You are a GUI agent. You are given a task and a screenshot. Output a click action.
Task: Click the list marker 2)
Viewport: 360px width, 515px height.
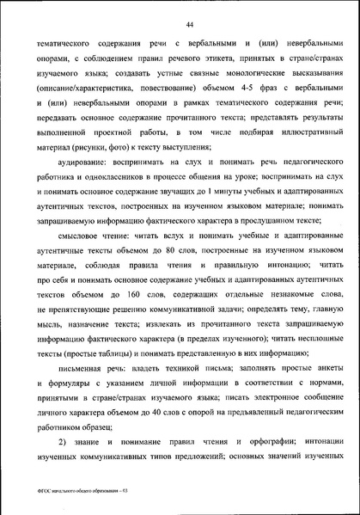tap(65, 444)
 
